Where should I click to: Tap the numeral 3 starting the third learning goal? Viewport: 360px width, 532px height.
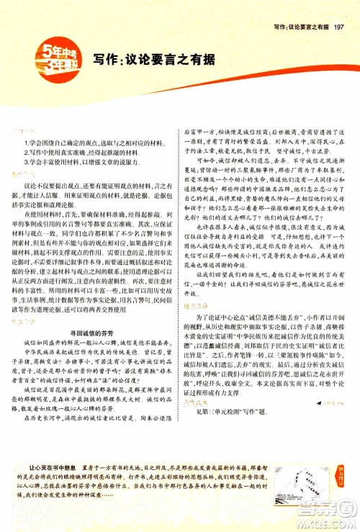click(x=24, y=164)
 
